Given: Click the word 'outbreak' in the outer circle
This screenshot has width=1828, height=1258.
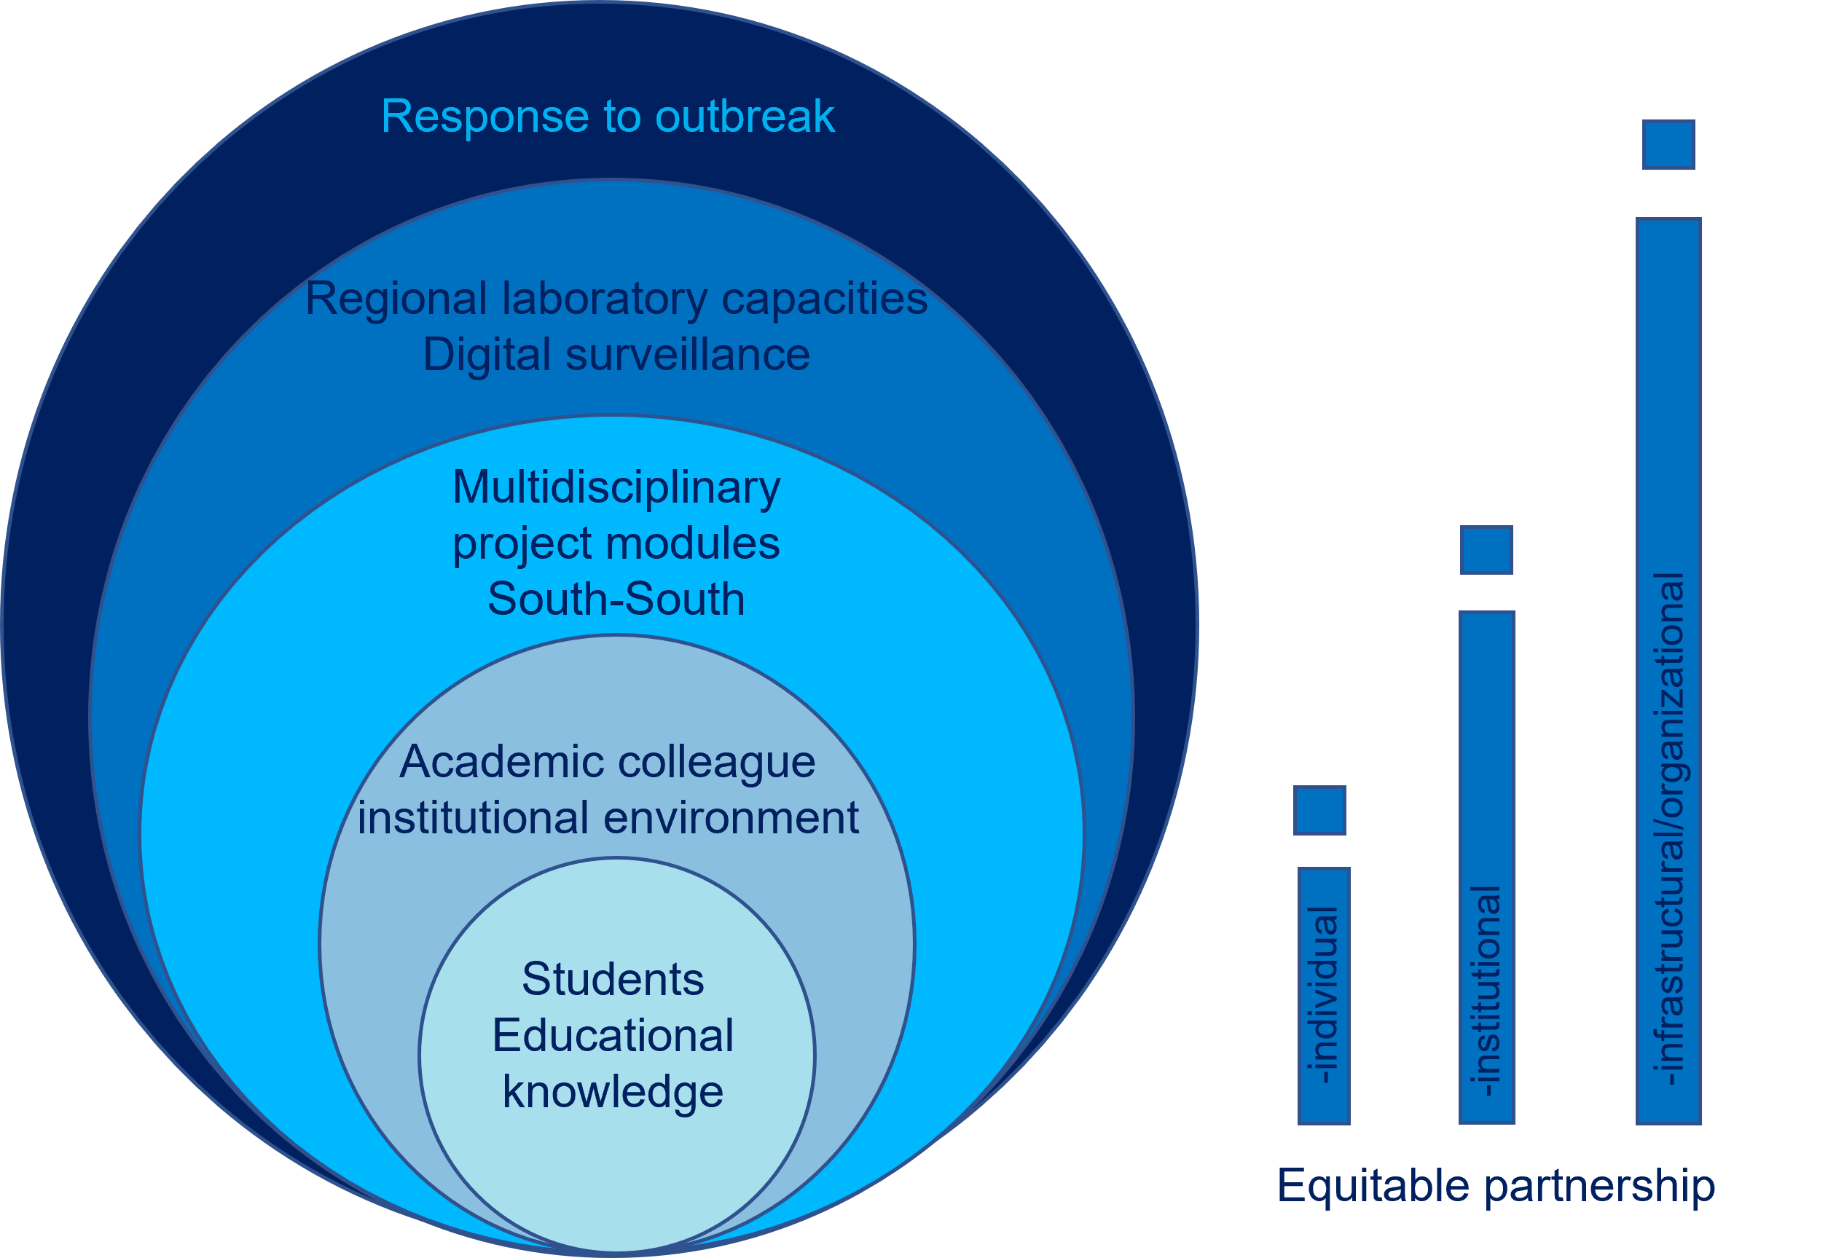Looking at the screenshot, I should click(744, 117).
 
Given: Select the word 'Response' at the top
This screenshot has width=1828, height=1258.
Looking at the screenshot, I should click(485, 117).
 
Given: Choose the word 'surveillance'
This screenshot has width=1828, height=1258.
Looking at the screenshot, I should click(687, 355).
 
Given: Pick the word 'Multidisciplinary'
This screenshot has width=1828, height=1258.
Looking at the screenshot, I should click(616, 487).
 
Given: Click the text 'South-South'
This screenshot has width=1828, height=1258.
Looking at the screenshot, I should click(616, 599).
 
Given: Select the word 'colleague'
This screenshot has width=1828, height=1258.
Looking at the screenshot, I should click(716, 762).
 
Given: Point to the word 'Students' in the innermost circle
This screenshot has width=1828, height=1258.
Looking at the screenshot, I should click(613, 980).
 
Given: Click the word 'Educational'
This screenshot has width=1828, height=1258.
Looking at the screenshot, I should click(613, 1036).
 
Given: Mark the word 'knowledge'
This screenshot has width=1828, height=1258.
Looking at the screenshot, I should click(613, 1092).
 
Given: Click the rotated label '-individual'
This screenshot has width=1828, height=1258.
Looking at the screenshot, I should click(1324, 995).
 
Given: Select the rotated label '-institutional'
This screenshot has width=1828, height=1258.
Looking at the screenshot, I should click(1487, 991).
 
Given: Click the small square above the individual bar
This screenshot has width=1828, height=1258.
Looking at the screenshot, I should click(1319, 810).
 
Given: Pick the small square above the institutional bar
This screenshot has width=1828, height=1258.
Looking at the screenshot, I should click(1486, 550).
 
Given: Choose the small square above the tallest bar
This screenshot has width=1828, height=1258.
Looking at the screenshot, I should click(1668, 144).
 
